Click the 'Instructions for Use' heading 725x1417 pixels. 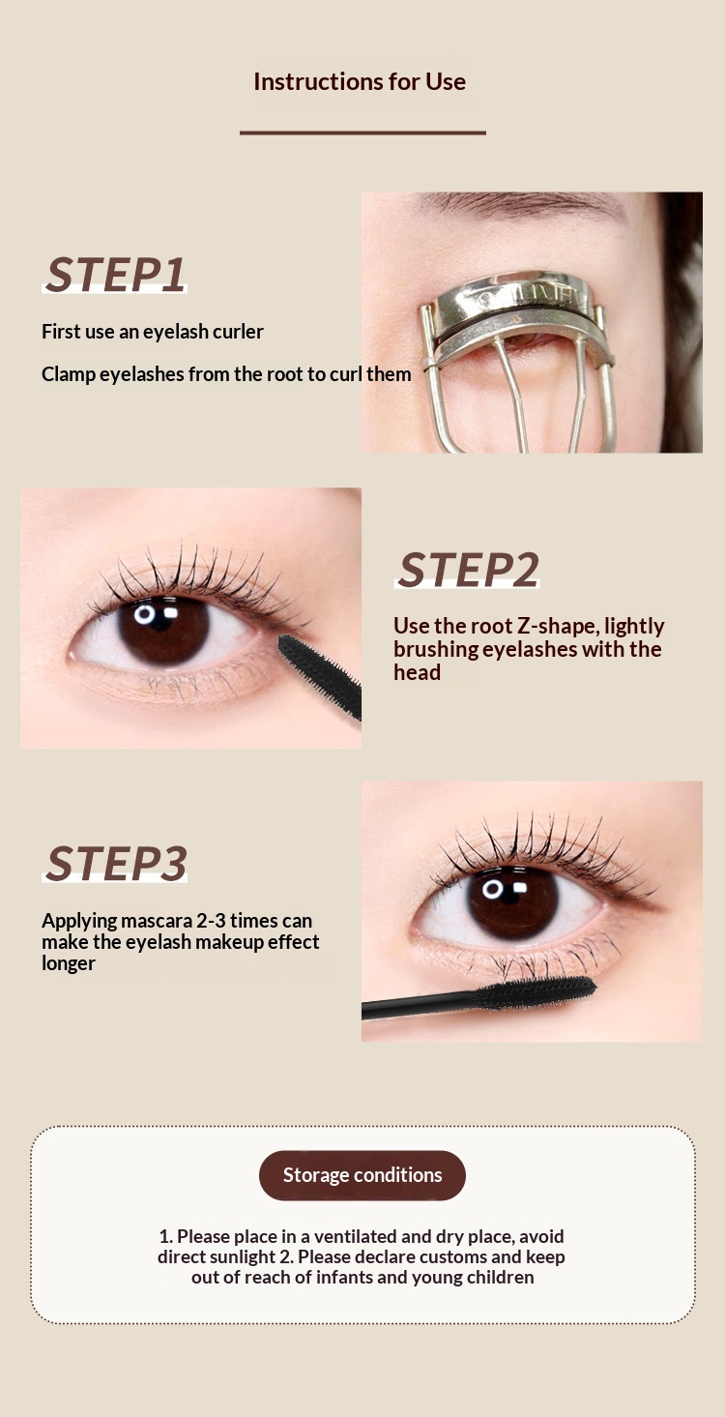point(360,81)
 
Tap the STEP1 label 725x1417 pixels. point(116,275)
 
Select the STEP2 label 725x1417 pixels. point(468,570)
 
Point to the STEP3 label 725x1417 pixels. point(116,864)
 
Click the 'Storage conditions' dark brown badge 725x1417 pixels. point(362,1175)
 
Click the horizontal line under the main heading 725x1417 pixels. point(362,133)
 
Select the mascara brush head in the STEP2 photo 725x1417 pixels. point(320,675)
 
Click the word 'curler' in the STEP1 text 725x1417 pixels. point(238,332)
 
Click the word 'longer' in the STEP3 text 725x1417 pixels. point(69,964)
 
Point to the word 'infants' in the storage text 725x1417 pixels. point(346,1277)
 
